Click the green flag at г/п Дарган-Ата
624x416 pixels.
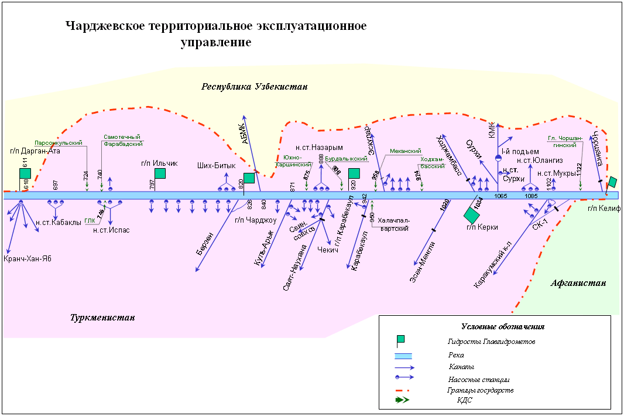tap(25, 173)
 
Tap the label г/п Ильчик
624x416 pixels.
tap(159, 163)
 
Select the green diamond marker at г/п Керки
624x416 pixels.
tap(472, 215)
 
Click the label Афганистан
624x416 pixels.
tap(578, 283)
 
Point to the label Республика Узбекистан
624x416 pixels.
tap(255, 87)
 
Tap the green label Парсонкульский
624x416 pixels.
tap(58, 142)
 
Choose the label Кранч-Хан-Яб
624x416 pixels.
tap(28, 259)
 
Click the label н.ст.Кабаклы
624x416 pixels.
tap(58, 223)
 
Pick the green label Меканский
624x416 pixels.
tap(406, 151)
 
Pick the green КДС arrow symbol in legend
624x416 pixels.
tap(403, 400)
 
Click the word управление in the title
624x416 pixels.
tap(216, 43)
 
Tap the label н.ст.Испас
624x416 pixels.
tap(111, 230)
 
